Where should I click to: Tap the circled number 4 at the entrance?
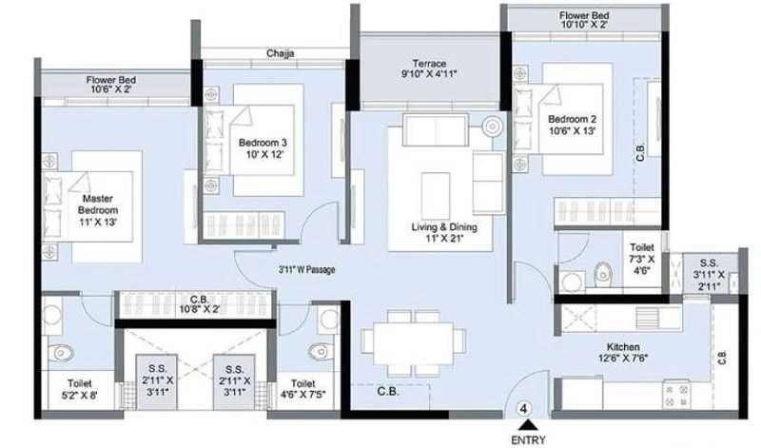point(524,409)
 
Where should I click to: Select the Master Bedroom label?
point(98,205)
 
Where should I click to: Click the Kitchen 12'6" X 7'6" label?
point(623,352)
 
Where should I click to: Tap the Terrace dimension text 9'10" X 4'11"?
point(430,74)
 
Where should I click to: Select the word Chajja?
point(280,53)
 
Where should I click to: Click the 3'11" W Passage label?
point(306,269)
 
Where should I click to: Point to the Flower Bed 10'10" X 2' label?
point(584,20)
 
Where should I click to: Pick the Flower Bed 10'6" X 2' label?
point(111,85)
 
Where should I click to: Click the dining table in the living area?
point(413,343)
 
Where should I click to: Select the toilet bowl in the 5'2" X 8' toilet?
point(62,352)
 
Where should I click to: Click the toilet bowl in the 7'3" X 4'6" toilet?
point(602,274)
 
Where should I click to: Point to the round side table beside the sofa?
point(493,127)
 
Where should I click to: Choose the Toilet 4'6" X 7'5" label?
point(303,388)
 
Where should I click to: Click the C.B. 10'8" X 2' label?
point(200,303)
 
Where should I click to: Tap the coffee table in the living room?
point(436,196)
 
